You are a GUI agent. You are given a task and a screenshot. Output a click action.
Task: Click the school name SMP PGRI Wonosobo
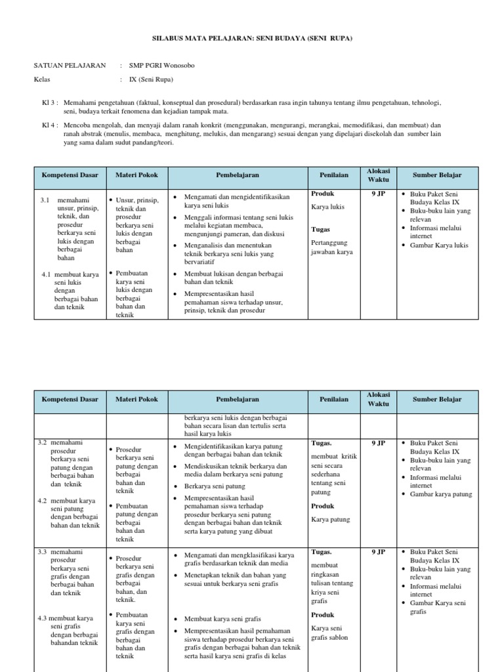click(161, 66)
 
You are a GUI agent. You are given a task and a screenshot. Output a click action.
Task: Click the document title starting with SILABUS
click(253, 39)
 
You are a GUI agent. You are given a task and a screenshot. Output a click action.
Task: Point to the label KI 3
click(50, 103)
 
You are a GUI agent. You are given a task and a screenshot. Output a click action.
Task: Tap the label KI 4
click(50, 124)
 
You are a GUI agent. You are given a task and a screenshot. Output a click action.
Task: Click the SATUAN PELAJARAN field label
click(70, 66)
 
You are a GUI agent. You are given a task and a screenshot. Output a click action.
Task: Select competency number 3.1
click(45, 199)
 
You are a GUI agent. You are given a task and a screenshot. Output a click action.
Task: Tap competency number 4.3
click(45, 618)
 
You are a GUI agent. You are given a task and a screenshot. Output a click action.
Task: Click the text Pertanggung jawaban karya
click(332, 247)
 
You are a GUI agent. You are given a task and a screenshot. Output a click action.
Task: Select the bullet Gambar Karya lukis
click(438, 245)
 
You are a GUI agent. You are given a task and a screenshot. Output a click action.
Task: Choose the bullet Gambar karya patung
click(440, 494)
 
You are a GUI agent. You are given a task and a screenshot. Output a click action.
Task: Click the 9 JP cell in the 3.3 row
click(377, 553)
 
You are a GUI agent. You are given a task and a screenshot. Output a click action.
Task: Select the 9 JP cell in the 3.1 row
click(377, 194)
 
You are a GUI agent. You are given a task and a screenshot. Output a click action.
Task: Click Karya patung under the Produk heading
click(331, 519)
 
